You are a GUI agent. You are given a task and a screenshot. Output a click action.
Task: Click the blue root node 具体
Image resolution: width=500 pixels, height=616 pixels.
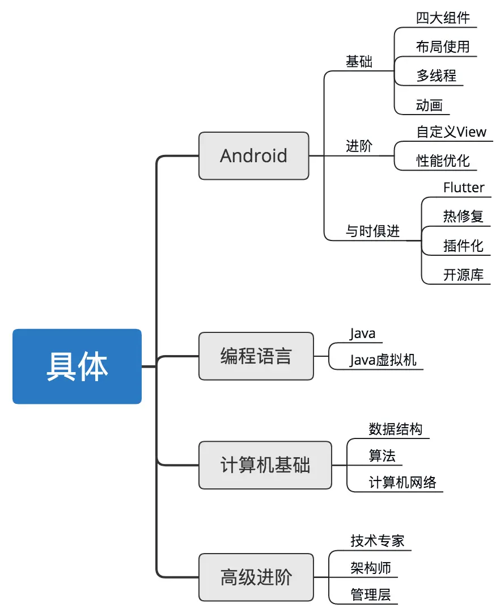coord(77,366)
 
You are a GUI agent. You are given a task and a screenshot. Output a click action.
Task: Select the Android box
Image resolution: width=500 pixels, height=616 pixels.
coord(254,156)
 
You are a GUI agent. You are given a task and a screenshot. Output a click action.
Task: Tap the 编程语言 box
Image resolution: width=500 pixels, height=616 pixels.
coord(256,356)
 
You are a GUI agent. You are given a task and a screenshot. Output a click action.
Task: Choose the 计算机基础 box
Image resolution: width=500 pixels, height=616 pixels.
coord(265,465)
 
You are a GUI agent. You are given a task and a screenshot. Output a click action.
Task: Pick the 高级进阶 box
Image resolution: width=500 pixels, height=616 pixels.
coord(256,577)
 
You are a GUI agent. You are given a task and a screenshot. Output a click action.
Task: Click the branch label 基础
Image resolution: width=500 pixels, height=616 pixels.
coord(359,62)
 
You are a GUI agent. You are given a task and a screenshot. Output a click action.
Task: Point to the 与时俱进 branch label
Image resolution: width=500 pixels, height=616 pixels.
coord(373,231)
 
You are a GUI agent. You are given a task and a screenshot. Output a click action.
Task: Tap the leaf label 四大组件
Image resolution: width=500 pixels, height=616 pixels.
coord(443,18)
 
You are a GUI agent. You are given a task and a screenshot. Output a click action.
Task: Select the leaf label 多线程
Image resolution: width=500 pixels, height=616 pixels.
coord(437,75)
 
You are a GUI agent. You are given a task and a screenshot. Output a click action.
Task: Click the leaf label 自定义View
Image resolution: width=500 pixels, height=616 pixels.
coord(451,132)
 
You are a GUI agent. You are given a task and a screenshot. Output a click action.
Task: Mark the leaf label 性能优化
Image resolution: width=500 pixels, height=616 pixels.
coord(443,161)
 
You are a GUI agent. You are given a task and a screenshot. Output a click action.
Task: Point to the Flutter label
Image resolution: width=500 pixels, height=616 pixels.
coord(464,187)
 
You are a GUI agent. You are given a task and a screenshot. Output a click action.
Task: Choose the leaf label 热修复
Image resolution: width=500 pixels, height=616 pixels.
coord(464,216)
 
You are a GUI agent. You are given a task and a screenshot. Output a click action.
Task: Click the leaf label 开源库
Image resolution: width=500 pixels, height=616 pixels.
coord(464,275)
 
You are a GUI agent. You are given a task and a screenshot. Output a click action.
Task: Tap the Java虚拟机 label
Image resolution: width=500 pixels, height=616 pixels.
coord(383,360)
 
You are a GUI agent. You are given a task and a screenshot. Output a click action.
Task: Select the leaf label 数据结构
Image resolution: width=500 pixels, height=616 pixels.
coord(396,429)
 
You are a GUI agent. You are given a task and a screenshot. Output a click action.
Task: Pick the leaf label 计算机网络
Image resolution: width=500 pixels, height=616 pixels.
coord(402,483)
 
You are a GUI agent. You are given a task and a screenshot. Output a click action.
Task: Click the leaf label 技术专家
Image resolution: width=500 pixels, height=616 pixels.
coord(378,541)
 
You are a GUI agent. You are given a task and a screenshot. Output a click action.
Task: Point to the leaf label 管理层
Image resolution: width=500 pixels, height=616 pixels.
coord(371,594)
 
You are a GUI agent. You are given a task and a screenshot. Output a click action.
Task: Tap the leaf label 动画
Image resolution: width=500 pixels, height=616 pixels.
coord(430,106)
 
